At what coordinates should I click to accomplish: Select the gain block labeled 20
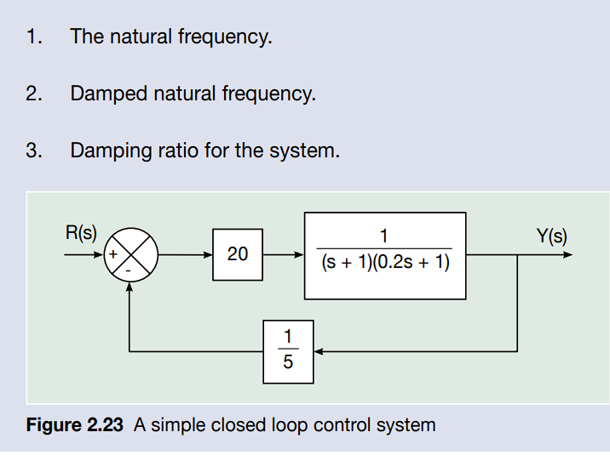238,253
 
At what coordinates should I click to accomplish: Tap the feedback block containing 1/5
287,350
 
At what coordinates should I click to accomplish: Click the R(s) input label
81,231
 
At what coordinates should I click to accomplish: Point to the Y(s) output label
551,236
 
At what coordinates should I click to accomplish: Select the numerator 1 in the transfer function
385,237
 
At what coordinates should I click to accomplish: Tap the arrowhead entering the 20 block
209,254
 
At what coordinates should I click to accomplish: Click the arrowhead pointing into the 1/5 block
315,350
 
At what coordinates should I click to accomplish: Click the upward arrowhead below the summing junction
129,287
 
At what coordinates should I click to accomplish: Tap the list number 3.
32,151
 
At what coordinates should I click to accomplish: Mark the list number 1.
32,37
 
